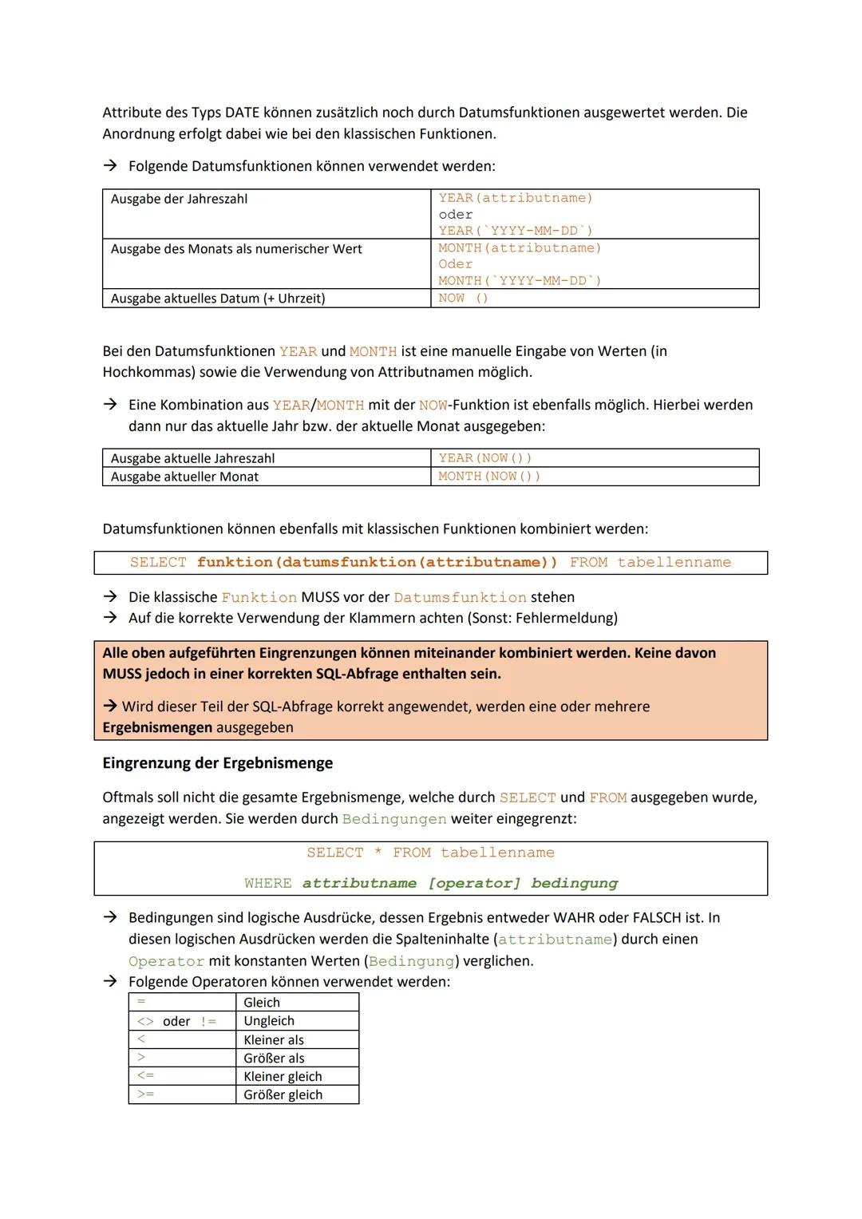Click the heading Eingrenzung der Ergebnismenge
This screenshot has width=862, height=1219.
click(x=217, y=763)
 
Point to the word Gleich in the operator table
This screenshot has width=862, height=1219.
click(x=262, y=1003)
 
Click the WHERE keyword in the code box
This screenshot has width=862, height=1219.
click(x=268, y=884)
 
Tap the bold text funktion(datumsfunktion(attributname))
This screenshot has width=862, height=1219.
click(x=377, y=563)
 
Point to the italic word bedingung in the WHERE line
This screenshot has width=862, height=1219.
click(x=574, y=884)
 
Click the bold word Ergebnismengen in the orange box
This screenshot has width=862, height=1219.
click(x=156, y=728)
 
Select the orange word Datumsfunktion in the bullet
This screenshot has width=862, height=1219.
click(x=460, y=598)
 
